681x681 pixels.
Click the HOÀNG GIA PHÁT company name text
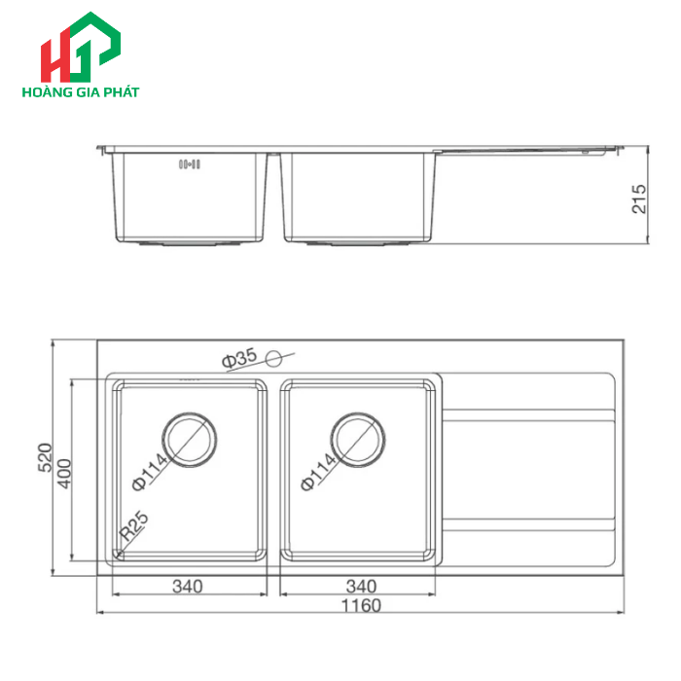coord(80,92)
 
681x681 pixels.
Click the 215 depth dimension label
coord(639,198)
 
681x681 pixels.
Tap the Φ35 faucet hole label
coord(238,358)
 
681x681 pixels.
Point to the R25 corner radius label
coord(133,528)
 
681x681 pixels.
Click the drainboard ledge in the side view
coord(530,150)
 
